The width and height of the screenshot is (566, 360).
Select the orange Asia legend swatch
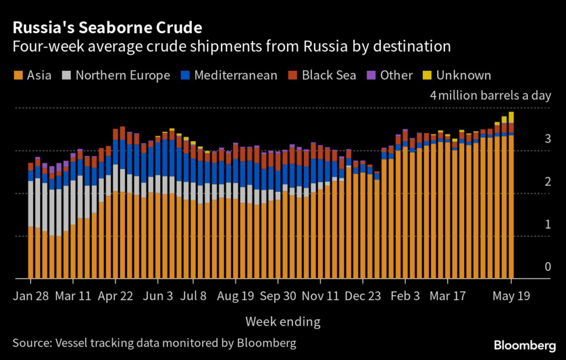click(18, 75)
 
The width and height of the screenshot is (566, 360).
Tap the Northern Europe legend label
click(123, 75)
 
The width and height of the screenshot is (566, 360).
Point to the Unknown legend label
click(463, 75)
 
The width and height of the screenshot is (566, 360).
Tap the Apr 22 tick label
click(115, 296)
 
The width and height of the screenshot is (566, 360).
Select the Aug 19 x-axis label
click(235, 296)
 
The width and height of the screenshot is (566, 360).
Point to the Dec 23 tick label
click(363, 296)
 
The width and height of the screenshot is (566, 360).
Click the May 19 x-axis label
click(511, 296)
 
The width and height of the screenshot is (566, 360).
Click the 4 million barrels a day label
click(490, 95)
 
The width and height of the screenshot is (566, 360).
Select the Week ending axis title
click(282, 321)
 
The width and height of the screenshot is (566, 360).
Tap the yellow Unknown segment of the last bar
click(511, 117)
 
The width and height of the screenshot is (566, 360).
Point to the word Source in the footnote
click(30, 343)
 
